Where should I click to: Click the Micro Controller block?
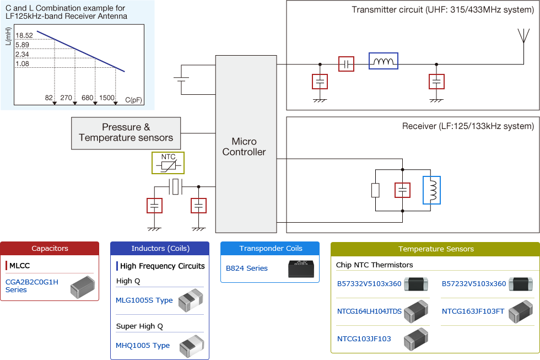click(x=244, y=144)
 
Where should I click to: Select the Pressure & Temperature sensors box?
click(x=126, y=133)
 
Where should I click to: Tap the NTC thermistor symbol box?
click(x=168, y=163)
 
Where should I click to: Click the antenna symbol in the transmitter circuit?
click(x=522, y=35)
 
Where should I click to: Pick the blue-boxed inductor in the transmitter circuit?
click(x=383, y=61)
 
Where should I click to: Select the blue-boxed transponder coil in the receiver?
click(x=431, y=190)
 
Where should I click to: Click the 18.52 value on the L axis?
click(x=25, y=35)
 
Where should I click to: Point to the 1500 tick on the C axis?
click(x=107, y=98)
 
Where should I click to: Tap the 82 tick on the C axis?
click(x=49, y=98)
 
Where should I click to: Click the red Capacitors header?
click(x=50, y=249)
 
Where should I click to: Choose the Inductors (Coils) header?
click(x=160, y=249)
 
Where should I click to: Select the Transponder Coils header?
click(x=270, y=249)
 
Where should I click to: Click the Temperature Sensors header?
click(x=435, y=249)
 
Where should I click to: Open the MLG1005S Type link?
click(x=144, y=300)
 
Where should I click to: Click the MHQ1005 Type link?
click(x=143, y=346)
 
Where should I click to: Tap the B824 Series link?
click(x=247, y=268)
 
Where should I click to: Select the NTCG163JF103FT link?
click(x=473, y=311)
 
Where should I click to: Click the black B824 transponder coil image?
click(x=301, y=268)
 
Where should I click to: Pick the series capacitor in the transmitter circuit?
click(x=346, y=64)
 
